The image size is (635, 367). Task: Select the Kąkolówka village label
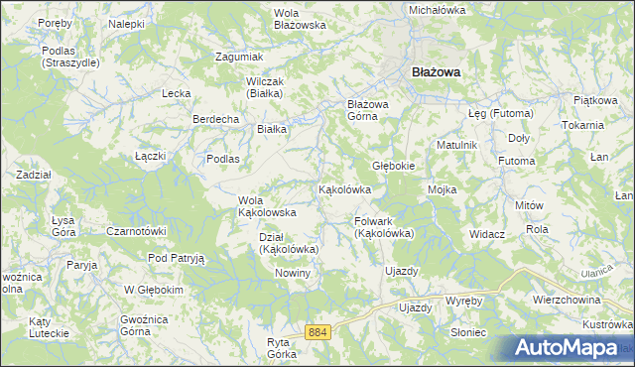point(344,189)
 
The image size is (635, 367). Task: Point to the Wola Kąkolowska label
point(267,206)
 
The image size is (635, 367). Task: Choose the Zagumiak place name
point(239,57)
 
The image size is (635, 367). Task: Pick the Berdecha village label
point(215,119)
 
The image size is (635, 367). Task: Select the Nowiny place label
point(294,273)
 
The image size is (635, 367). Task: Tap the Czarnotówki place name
point(135,231)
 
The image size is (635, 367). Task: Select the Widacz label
point(487,234)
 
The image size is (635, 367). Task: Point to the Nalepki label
point(127,23)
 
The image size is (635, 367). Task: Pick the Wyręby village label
point(463,300)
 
